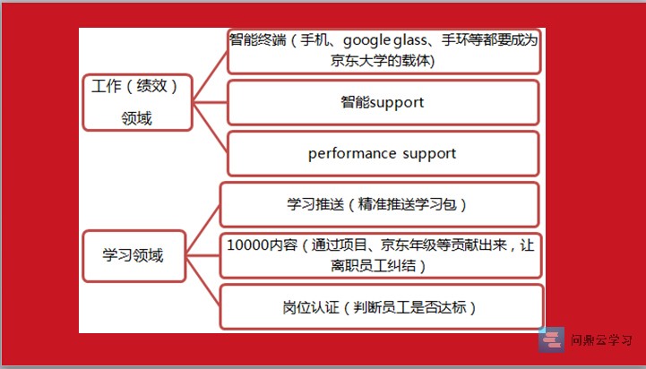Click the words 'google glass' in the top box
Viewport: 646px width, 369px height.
click(384, 41)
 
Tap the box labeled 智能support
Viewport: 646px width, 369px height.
click(383, 102)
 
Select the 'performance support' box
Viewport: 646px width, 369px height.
click(383, 154)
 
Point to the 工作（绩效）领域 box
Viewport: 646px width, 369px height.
click(138, 102)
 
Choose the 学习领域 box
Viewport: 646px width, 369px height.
click(134, 256)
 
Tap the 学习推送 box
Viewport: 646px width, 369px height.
click(379, 205)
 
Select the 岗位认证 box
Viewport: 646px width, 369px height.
click(381, 307)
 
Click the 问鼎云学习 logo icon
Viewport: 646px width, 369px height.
click(551, 339)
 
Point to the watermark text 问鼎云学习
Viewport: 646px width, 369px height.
click(601, 340)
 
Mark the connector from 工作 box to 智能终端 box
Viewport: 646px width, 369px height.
click(211, 76)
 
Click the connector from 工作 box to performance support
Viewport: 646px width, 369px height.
click(211, 128)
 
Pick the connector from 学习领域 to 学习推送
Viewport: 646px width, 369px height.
click(203, 230)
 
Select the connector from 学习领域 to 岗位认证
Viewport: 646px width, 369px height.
click(203, 281)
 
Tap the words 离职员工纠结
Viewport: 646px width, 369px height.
click(373, 266)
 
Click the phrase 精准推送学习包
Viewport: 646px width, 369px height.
click(407, 205)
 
